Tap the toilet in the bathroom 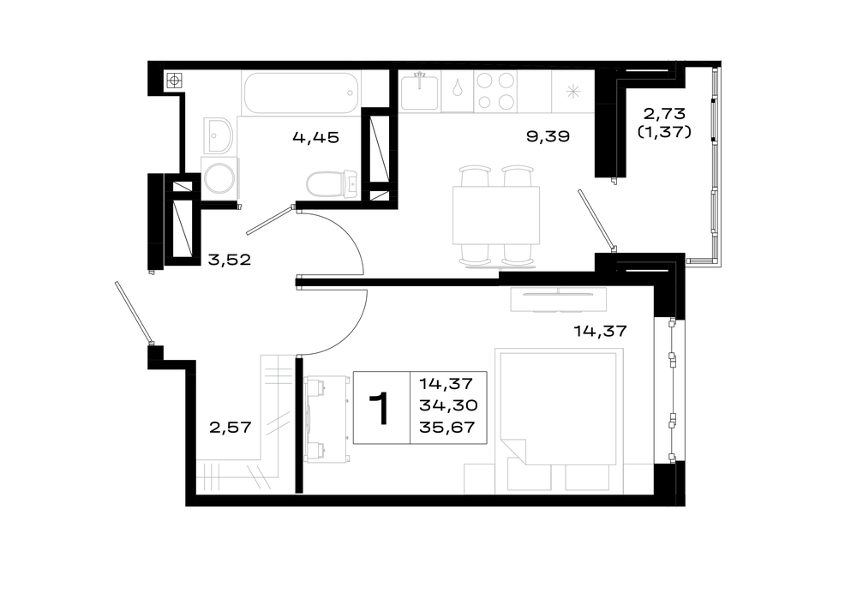click(x=332, y=183)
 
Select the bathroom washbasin click(x=219, y=135)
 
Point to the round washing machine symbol click(x=219, y=177)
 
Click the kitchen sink click(x=419, y=92)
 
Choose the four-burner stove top click(x=495, y=92)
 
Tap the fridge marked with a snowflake click(x=572, y=92)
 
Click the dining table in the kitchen click(x=496, y=215)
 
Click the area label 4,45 click(x=316, y=137)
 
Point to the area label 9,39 click(x=548, y=136)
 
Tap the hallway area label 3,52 click(x=230, y=259)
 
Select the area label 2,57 click(x=231, y=427)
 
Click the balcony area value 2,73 click(x=664, y=114)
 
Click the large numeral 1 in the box click(x=379, y=408)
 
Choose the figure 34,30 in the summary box click(x=448, y=405)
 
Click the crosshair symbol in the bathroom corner click(x=174, y=81)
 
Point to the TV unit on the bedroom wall click(x=559, y=299)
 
